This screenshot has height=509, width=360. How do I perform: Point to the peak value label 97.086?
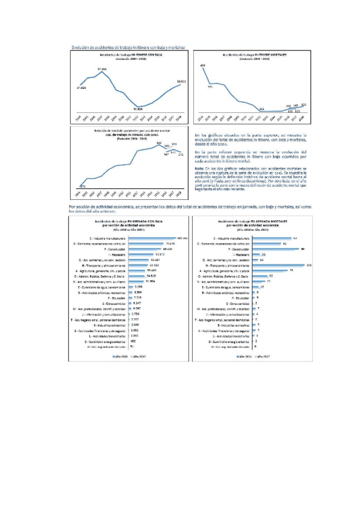102,69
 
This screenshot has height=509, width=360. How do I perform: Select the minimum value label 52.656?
137,109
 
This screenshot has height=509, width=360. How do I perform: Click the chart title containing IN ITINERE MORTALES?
255,56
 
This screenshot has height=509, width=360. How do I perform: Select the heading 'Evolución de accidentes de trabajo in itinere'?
128,47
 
